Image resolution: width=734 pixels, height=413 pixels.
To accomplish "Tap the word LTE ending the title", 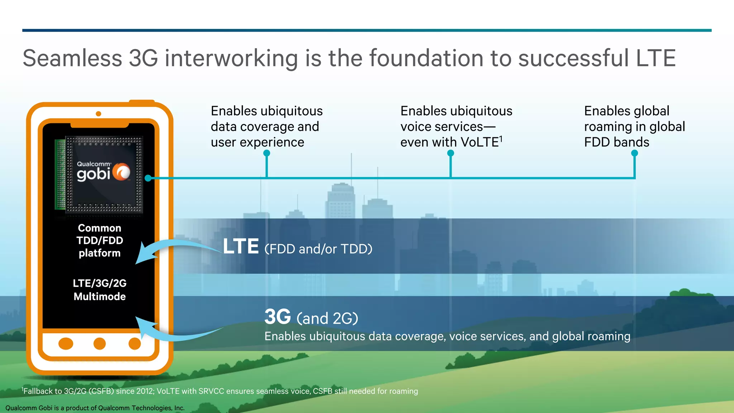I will (x=656, y=58).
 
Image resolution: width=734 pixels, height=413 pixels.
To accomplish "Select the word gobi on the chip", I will (x=93, y=174).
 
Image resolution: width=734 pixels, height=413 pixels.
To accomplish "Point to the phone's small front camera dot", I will (x=99, y=114).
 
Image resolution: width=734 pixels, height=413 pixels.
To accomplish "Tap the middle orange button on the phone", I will (x=100, y=343).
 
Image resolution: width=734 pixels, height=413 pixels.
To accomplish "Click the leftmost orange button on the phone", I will (x=66, y=343).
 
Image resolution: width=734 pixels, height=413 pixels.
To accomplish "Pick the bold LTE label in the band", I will (x=240, y=247).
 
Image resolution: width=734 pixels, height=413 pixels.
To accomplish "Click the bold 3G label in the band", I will (x=277, y=317).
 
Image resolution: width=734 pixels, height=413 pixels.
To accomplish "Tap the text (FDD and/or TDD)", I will (x=318, y=249).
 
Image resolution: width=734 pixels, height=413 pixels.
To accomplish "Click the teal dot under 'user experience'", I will (x=267, y=153).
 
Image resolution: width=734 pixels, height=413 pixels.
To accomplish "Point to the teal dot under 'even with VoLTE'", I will (x=451, y=153).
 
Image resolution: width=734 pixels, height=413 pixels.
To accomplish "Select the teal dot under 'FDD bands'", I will (x=634, y=153).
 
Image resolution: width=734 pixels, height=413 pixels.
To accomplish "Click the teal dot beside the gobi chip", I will (x=148, y=178).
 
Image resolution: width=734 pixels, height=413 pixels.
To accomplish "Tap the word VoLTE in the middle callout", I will (x=480, y=142).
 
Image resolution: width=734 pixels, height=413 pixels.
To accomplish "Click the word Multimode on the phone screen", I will (x=100, y=296).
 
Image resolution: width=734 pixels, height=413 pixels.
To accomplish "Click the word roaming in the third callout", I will (x=608, y=127).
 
